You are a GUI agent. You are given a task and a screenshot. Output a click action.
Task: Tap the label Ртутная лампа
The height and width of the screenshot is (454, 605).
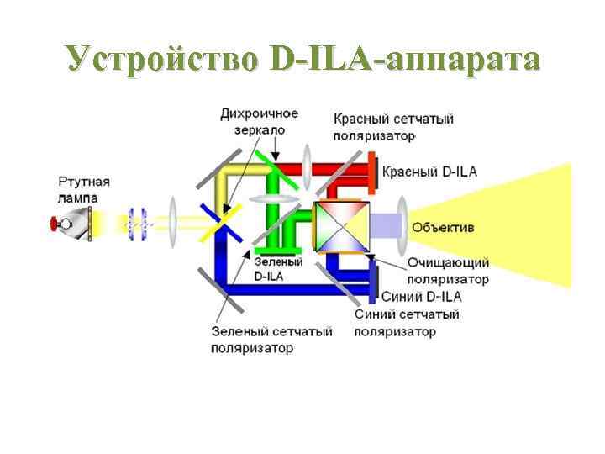[x=84, y=189]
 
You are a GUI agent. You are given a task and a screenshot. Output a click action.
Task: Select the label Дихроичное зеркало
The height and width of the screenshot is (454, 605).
[x=259, y=121]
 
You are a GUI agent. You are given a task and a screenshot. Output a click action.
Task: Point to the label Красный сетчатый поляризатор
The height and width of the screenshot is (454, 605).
[x=393, y=126]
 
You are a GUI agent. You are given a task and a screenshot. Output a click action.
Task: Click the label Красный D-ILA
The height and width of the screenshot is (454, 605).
[x=429, y=172]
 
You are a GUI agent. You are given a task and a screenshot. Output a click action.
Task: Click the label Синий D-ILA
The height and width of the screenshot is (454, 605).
[x=421, y=296]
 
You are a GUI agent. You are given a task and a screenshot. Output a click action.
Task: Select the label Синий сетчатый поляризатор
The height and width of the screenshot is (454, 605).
[x=407, y=323]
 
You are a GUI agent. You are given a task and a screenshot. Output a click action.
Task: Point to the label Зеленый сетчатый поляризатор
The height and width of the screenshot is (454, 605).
[x=271, y=339]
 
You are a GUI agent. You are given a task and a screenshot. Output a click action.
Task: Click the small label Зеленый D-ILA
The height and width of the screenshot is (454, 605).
[x=271, y=268]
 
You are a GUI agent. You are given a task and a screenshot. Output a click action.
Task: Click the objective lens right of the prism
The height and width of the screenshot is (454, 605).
[x=402, y=223]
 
